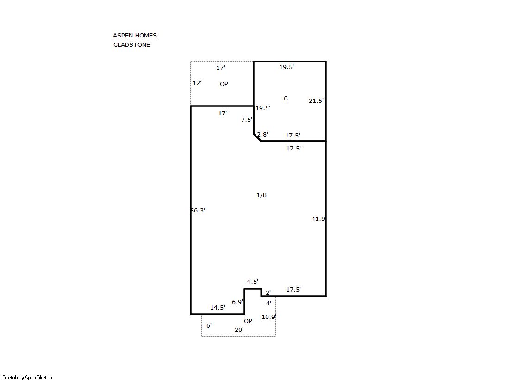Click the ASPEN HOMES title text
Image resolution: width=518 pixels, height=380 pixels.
pos(135,35)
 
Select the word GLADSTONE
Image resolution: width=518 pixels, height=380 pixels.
pos(131,44)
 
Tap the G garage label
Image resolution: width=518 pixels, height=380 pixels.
pos(286,98)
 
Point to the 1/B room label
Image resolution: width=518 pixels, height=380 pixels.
pos(262,195)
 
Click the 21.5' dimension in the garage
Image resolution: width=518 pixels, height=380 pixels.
pos(316,100)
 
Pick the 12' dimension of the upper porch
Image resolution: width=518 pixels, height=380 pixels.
pos(197,83)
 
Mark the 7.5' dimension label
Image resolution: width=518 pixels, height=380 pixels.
pos(247,119)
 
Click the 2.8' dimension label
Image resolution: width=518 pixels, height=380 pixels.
pos(262,134)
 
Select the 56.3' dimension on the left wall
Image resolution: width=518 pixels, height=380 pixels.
pos(198,210)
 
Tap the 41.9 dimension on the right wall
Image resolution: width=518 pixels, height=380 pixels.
pos(318,218)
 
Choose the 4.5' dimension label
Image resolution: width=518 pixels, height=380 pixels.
pos(253,281)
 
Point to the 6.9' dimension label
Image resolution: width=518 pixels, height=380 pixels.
pos(237,302)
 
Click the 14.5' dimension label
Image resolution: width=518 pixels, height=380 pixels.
pos(218,307)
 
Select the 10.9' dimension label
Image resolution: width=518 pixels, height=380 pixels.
pos(269,317)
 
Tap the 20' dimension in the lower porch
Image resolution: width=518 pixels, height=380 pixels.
pos(239,330)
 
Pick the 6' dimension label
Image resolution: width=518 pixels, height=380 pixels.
pos(209,325)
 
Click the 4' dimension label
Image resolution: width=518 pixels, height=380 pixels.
pos(269,303)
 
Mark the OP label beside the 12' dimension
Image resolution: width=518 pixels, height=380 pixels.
pos(224,84)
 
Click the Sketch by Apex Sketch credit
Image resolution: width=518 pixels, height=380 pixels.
pos(27,377)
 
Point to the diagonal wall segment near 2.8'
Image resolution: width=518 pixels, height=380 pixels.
pos(257,137)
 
